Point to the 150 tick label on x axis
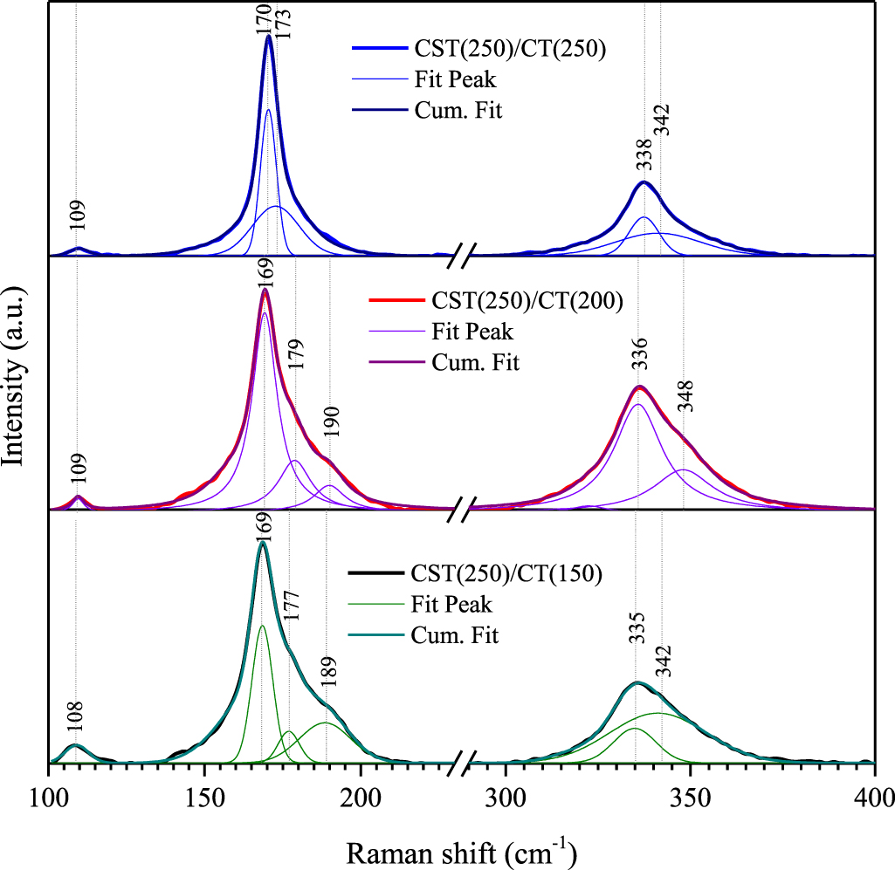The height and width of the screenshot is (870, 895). pos(204,794)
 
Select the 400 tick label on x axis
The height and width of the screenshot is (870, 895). pos(873,794)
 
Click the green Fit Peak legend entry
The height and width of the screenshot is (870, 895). pos(453,604)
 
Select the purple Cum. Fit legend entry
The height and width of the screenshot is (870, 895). pos(475,361)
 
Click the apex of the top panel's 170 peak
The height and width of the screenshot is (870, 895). pos(269,37)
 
